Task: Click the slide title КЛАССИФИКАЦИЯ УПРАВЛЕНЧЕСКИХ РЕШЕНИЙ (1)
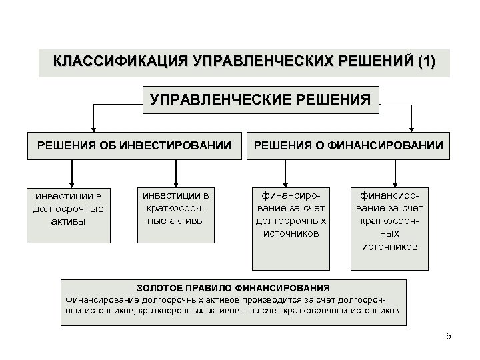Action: point(243,63)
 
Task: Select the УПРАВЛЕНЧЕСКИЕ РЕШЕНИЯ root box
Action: point(260,100)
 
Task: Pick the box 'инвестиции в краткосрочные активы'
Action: point(175,207)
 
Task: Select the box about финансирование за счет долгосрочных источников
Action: point(291,214)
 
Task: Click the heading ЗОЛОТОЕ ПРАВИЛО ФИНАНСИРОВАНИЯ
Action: point(233,288)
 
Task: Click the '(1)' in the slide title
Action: point(424,63)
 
